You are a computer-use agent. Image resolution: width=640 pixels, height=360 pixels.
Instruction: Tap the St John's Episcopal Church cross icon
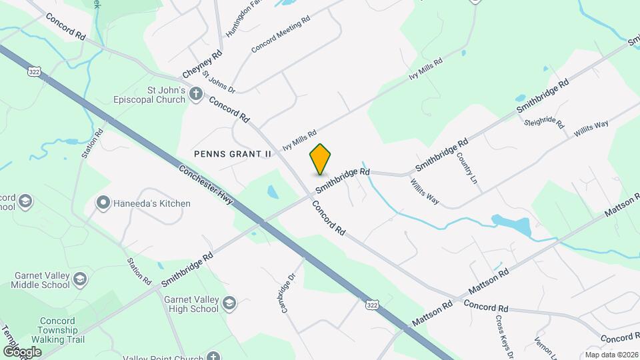pos(196,94)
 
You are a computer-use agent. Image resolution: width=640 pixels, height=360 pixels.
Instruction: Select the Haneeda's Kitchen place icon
pos(103,203)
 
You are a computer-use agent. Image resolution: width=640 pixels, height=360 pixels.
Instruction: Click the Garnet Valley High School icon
pos(229,303)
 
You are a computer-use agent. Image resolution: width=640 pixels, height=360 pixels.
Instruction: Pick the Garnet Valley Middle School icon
pos(81,279)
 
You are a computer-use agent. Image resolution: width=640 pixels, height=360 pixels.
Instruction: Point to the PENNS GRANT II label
pos(233,153)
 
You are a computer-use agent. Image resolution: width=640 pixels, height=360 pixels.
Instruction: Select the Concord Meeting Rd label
pos(281,35)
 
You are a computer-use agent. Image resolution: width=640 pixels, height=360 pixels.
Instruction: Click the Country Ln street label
pos(467,169)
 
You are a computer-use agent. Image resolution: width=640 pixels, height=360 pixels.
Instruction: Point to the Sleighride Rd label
pos(544,123)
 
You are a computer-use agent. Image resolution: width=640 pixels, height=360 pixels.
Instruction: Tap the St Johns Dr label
pos(219,82)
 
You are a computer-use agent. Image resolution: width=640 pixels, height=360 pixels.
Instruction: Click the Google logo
pos(22,351)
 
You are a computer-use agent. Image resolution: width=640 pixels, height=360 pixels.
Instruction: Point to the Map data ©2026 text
pos(611,354)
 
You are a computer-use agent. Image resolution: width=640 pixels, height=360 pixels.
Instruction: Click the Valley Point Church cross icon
pos(213,357)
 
